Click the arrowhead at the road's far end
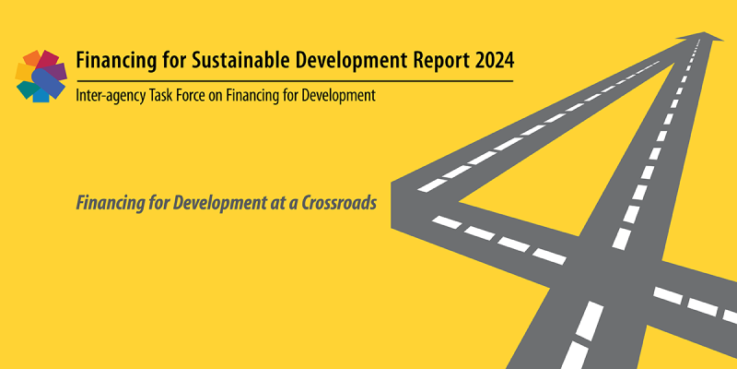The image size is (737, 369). [704, 36]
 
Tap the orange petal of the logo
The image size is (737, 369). [31, 58]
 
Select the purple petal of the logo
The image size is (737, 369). [58, 72]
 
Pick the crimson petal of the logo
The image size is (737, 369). [48, 59]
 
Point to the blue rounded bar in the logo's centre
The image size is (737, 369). [48, 84]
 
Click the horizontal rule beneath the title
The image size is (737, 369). [294, 81]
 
